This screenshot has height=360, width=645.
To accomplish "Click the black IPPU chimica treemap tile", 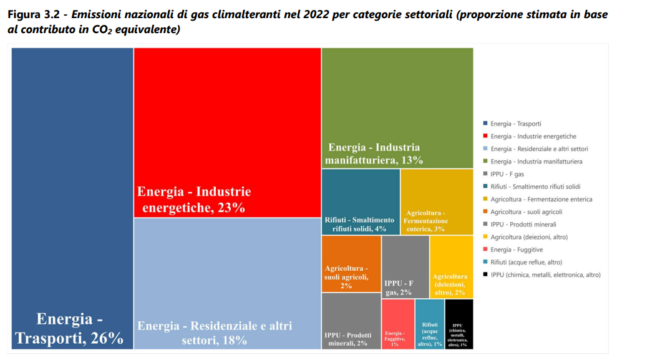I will [x=459, y=324].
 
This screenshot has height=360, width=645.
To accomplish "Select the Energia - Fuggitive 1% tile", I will [x=397, y=324].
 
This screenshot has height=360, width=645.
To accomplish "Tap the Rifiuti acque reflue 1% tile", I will [x=430, y=324].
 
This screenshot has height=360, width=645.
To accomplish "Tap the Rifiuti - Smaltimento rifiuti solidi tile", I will [x=361, y=202].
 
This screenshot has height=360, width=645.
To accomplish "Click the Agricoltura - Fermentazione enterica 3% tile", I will [x=436, y=202].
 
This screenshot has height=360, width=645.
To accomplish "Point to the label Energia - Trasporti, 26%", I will [x=69, y=329].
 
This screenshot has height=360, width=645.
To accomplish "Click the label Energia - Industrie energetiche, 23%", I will [x=194, y=200].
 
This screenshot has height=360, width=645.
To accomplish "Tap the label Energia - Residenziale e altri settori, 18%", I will [x=215, y=333].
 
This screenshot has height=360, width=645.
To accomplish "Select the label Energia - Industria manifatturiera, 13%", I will [x=374, y=153].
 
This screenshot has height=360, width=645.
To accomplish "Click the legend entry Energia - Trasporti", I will [x=515, y=124].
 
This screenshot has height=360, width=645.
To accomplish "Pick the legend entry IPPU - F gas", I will [x=507, y=174].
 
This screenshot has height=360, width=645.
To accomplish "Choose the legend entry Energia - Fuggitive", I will [x=516, y=250].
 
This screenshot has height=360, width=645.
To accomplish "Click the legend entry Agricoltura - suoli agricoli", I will [x=526, y=212].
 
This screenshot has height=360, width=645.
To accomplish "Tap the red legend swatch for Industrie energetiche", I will [x=485, y=136].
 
